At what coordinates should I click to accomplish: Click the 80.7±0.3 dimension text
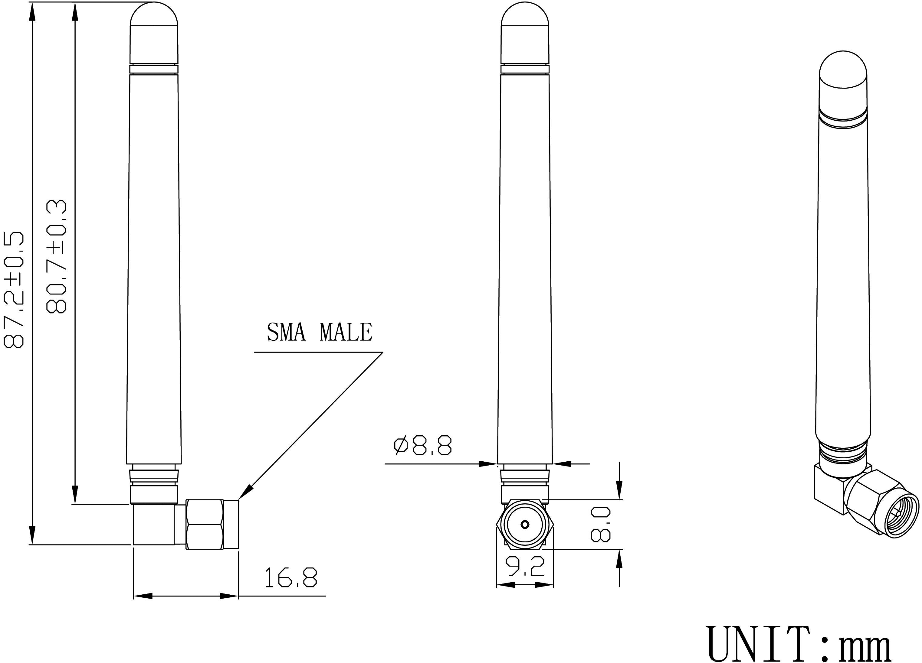pos(57,257)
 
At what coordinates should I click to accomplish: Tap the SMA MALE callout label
pos(319,332)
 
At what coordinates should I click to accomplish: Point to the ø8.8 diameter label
pos(423,445)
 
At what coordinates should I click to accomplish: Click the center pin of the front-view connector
pos(525,525)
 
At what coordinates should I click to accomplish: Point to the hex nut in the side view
pos(205,524)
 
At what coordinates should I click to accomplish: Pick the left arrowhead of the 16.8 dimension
pos(142,596)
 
